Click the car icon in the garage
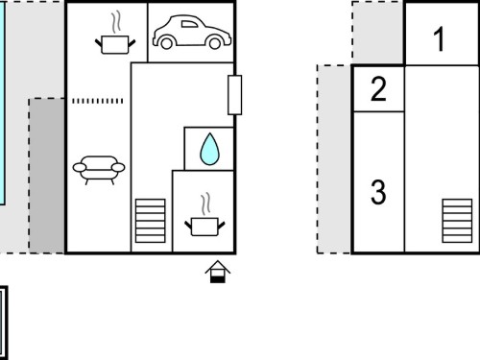pos(192,32)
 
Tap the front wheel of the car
pos(166,43)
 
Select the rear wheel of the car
pos(215,43)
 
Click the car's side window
pos(189,24)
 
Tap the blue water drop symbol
pos(209,149)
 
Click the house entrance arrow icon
pos(218,272)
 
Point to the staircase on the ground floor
pos(151,221)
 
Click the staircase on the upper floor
pos(457,221)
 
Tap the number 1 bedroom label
pos(440,39)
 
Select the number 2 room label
pos(378,89)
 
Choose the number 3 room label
pos(378,192)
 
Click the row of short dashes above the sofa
pos(98,101)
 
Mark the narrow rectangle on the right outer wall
pos(235,95)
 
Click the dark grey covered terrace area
pos(47,176)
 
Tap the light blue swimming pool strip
pos(2,103)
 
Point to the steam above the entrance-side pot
pos(206,204)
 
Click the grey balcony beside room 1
pos(378,33)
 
